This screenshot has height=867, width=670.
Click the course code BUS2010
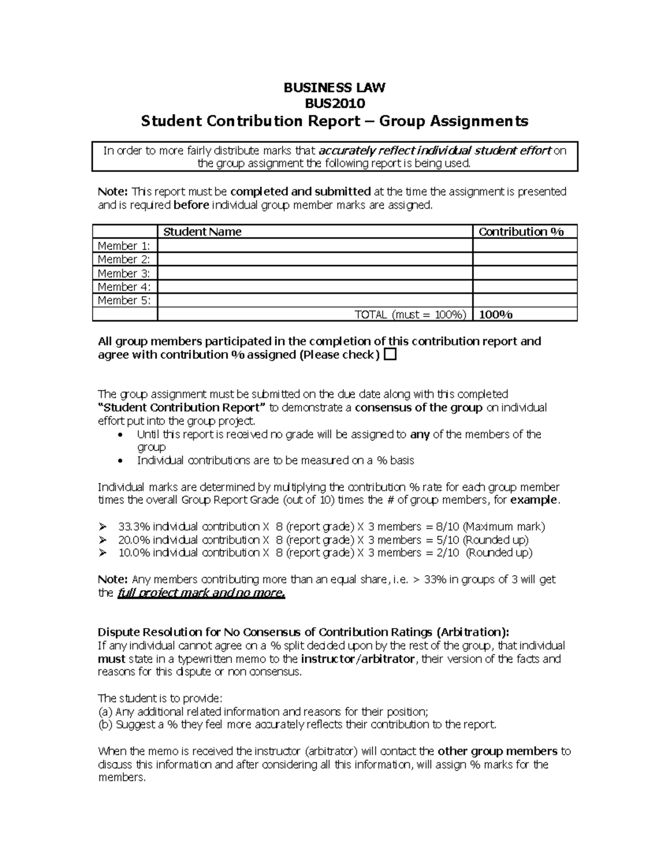tap(334, 103)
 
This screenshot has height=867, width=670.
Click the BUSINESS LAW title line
tap(334, 88)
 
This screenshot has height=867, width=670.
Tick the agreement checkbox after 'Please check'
tap(390, 355)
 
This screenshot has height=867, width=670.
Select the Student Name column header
tap(202, 232)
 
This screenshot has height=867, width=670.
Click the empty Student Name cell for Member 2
tap(315, 259)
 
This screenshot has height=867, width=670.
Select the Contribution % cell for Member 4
tap(524, 287)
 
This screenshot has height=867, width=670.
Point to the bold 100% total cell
tap(496, 314)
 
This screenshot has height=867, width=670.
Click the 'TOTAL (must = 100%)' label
tap(410, 314)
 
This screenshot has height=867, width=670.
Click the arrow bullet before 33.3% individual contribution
tap(102, 526)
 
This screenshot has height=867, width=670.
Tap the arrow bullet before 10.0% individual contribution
tap(102, 553)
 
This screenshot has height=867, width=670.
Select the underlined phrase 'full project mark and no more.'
tap(201, 593)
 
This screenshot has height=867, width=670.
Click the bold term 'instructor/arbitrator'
tap(358, 659)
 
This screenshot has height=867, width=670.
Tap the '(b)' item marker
tap(105, 725)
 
